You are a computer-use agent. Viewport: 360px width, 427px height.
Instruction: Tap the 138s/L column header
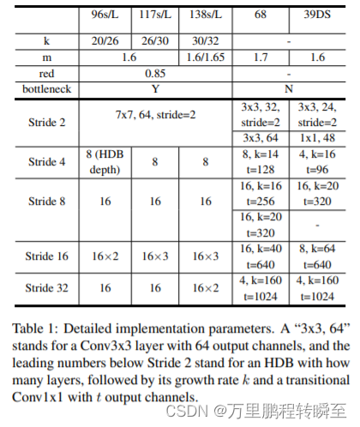pyautogui.click(x=206, y=16)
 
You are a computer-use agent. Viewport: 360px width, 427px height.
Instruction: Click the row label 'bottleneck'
pyautogui.click(x=45, y=88)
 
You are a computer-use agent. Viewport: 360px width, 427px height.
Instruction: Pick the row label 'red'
pyautogui.click(x=45, y=74)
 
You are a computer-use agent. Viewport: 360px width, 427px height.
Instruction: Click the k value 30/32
pyautogui.click(x=206, y=42)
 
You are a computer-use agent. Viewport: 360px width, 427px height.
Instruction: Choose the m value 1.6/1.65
pyautogui.click(x=206, y=57)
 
